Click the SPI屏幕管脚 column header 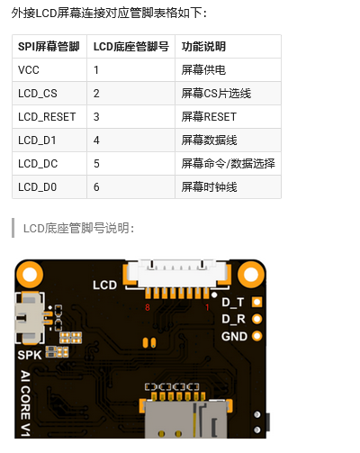click(49, 46)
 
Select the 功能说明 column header click(203, 46)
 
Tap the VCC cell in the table click(27, 69)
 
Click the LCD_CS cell click(37, 93)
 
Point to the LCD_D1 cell click(37, 140)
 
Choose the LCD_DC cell click(37, 163)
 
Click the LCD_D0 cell click(37, 186)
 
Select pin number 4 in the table click(96, 140)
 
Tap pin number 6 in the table click(96, 186)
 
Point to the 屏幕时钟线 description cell click(209, 186)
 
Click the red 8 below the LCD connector click(148, 308)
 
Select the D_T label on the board click(233, 303)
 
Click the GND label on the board click(234, 336)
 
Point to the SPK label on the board click(30, 354)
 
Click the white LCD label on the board click(105, 285)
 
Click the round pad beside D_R click(257, 319)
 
